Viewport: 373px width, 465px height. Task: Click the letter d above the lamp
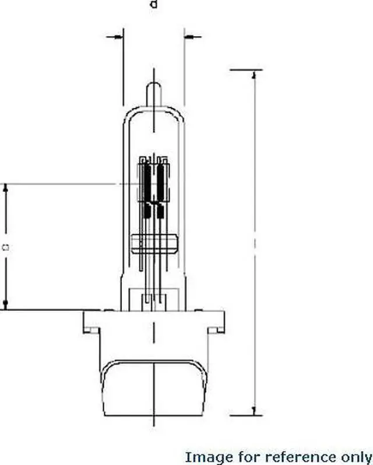(153, 5)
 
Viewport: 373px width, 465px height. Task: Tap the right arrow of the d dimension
(189, 37)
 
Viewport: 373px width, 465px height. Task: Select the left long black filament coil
(146, 181)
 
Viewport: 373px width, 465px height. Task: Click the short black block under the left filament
(147, 211)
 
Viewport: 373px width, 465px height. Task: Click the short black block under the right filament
(160, 211)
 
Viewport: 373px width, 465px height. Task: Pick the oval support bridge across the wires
(154, 243)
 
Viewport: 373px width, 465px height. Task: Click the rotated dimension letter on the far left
(6, 247)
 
